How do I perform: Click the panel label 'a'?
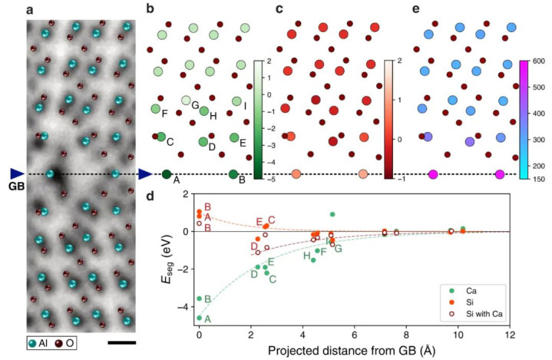(x=30, y=9)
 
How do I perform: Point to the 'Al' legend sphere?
(x=33, y=342)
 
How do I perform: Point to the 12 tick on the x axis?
(x=509, y=335)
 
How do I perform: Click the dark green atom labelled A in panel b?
(x=167, y=174)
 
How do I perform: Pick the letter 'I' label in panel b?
(x=245, y=105)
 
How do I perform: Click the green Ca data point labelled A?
(x=200, y=317)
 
